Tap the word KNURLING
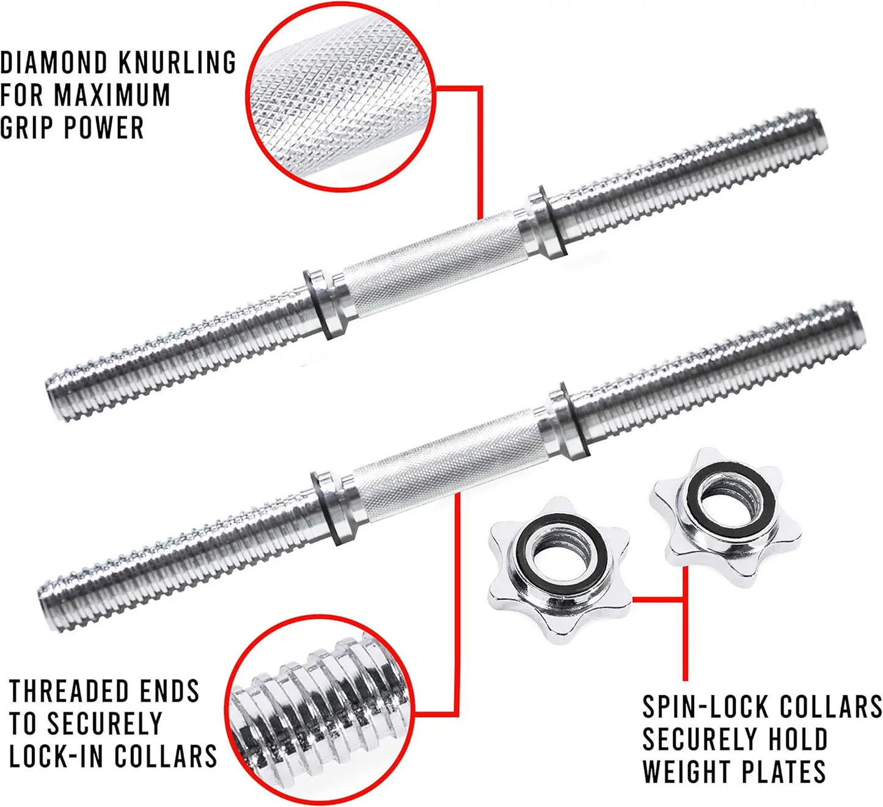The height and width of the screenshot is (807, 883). [177, 63]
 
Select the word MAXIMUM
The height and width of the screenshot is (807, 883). [112, 95]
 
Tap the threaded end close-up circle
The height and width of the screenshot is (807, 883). [318, 709]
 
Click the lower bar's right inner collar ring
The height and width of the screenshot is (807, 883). [565, 422]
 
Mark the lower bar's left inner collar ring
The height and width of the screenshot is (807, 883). [332, 507]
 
